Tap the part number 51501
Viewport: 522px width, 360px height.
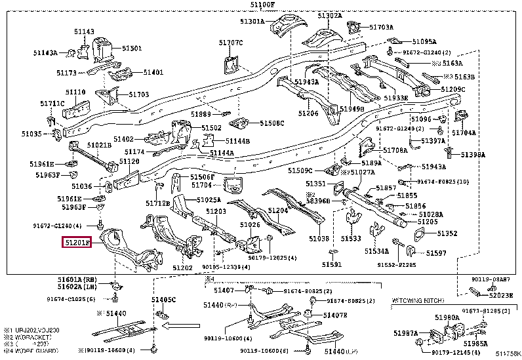[x=132, y=48]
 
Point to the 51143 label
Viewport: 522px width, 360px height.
[x=83, y=31]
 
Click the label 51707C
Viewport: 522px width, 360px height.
[x=231, y=43]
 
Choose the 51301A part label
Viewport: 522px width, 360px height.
[x=252, y=22]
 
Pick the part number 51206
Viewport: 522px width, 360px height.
[x=308, y=113]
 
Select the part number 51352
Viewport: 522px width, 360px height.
[x=447, y=233]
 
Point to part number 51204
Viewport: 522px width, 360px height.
[x=278, y=210]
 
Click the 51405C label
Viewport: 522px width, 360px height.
[x=164, y=300]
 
